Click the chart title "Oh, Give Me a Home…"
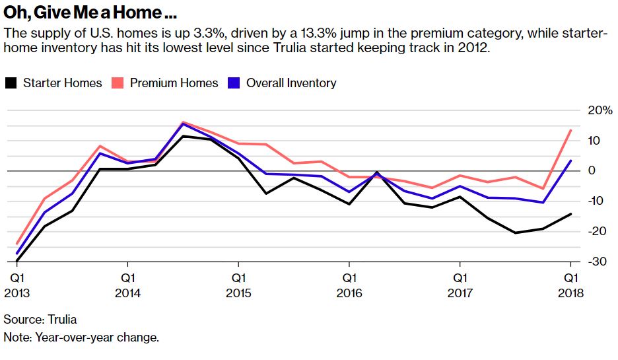(91, 13)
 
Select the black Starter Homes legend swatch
(11, 83)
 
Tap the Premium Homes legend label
(174, 83)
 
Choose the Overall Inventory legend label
(291, 83)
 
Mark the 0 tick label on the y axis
(592, 170)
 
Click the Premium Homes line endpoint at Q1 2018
(570, 131)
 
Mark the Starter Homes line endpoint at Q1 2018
(570, 214)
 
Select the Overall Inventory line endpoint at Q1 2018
(570, 161)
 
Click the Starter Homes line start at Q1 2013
(17, 260)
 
